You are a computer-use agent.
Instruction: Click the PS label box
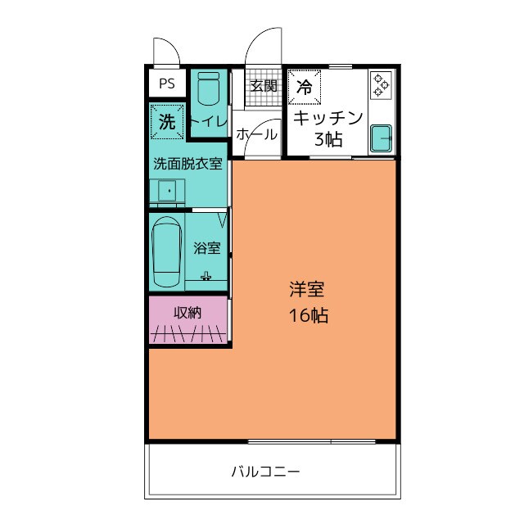(167, 83)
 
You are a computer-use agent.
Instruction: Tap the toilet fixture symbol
(208, 88)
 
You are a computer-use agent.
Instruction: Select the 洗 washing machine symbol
(167, 123)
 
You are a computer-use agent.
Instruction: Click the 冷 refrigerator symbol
(304, 86)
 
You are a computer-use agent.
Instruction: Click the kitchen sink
(382, 138)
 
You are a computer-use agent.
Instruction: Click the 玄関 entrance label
(263, 85)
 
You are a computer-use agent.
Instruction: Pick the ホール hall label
(256, 135)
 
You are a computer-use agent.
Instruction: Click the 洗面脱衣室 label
(188, 163)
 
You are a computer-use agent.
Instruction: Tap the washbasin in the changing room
(167, 192)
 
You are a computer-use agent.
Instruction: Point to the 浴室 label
(206, 247)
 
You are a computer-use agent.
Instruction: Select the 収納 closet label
(187, 312)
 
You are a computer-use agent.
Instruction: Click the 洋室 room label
(307, 289)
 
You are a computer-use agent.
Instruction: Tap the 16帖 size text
(308, 316)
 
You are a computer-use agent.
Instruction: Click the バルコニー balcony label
(264, 472)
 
